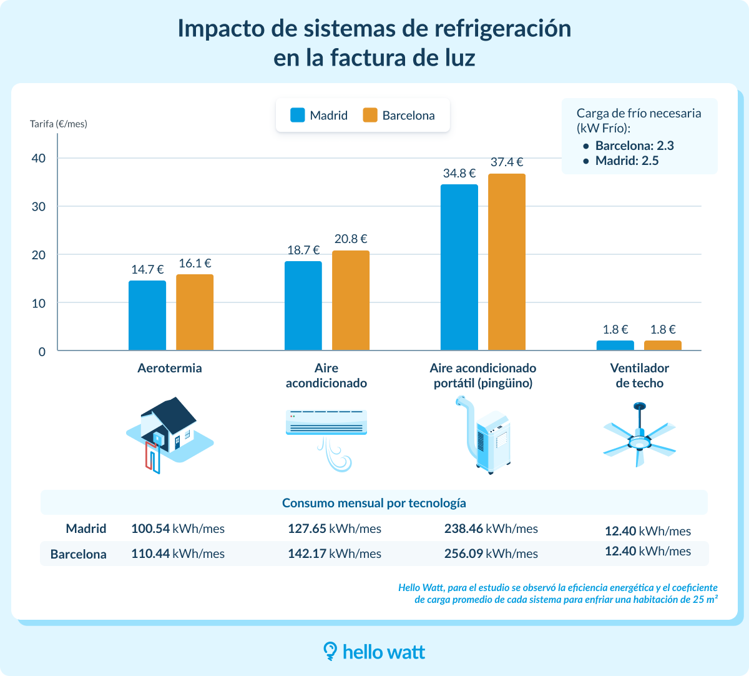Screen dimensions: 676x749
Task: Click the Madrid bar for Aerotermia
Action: point(147,316)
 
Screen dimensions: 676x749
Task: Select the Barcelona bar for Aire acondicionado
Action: point(351,301)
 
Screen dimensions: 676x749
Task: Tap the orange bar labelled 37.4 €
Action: point(507,262)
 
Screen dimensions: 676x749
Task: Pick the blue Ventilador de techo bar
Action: point(615,345)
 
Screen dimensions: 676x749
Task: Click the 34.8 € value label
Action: point(459,173)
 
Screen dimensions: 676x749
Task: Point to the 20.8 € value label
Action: point(351,239)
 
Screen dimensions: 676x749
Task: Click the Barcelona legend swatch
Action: point(370,115)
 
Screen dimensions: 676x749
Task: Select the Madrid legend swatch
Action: point(298,115)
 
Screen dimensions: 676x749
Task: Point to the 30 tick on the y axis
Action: point(39,207)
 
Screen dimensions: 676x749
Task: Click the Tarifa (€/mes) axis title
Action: point(59,124)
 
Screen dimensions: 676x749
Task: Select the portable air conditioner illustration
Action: point(487,434)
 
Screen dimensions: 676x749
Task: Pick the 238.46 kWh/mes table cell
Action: point(491,529)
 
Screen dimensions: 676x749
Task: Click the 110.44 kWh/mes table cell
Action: point(178,554)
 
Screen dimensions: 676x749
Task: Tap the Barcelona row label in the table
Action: point(79,554)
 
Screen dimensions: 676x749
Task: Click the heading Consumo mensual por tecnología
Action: point(374,503)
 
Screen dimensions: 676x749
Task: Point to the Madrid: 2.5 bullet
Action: point(627,161)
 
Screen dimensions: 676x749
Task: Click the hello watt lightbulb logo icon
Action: point(330,651)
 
